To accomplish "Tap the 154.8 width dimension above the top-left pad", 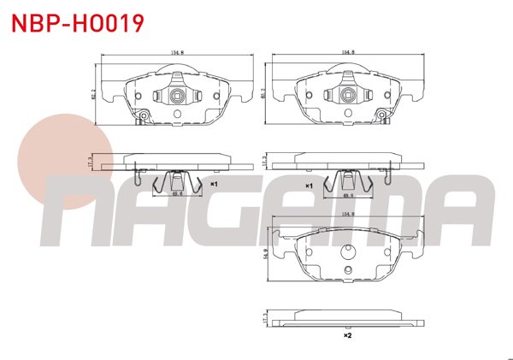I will (x=178, y=51).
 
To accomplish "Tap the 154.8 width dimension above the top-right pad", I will (x=348, y=51).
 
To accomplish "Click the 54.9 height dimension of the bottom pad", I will (x=268, y=254).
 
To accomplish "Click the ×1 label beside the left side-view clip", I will (x=214, y=184).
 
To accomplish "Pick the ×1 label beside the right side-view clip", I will (x=310, y=184).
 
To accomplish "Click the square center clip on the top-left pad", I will (x=177, y=96).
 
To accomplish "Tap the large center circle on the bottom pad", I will (x=347, y=252).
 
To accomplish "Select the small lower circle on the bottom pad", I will (x=347, y=272).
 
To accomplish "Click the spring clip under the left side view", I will (x=177, y=181).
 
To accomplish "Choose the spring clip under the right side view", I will (x=349, y=181).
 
